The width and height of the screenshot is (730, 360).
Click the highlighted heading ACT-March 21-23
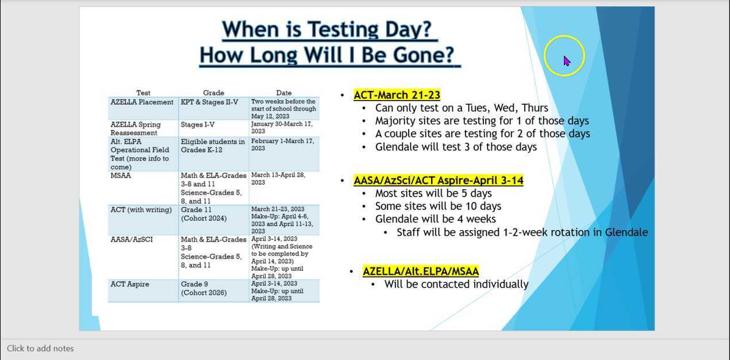pos(397,95)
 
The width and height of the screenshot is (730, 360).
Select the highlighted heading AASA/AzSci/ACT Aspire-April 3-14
pos(438,181)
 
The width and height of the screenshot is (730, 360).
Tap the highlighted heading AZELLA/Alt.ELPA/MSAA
pos(420,271)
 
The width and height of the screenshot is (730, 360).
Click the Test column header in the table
pos(143,93)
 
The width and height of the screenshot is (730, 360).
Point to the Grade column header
pos(213,93)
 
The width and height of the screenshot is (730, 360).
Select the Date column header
pos(283,93)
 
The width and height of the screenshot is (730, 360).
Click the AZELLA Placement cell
pos(142,102)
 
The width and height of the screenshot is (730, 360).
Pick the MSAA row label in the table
pos(121,175)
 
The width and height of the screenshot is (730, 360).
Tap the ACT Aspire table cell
pos(130,284)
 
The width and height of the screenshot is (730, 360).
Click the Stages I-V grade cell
pos(199,124)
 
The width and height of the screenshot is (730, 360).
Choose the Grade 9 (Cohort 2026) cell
pos(203,288)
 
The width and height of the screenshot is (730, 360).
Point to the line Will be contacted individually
pos(456,284)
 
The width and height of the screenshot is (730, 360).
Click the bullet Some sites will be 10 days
pos(438,206)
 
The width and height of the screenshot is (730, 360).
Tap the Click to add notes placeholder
pos(40,348)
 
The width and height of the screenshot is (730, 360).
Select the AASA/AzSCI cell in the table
pos(132,239)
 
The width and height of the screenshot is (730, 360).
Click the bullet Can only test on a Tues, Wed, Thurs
pos(462,108)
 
